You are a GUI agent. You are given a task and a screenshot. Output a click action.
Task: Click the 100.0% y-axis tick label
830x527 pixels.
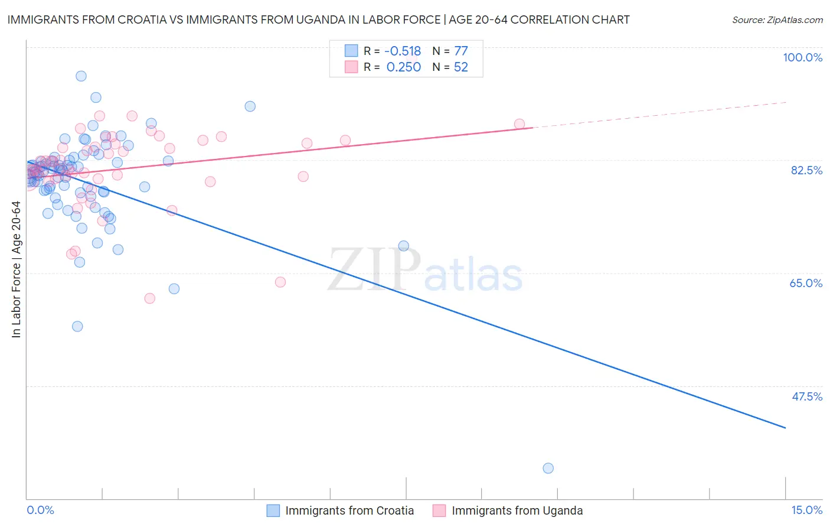click(802, 57)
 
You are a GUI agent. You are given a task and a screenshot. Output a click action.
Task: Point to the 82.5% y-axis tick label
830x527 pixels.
click(806, 170)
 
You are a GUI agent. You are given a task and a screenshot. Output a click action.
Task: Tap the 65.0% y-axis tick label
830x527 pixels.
click(806, 283)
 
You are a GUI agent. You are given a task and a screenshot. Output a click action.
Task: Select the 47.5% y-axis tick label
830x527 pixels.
click(806, 396)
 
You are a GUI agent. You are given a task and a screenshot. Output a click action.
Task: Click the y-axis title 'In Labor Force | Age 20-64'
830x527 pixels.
click(16, 269)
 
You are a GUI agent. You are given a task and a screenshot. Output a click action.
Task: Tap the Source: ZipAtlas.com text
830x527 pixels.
click(777, 20)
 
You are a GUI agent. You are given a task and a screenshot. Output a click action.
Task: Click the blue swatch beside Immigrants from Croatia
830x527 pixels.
click(273, 510)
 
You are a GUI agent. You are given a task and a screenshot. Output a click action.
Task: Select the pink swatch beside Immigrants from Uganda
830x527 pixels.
click(439, 510)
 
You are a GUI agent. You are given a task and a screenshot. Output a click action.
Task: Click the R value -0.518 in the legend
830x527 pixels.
click(403, 51)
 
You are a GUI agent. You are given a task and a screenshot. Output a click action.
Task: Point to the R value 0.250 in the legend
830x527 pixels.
click(403, 67)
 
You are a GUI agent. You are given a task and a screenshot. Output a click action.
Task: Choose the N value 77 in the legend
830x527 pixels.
click(460, 51)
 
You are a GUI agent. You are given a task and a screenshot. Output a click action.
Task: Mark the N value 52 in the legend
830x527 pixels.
click(460, 67)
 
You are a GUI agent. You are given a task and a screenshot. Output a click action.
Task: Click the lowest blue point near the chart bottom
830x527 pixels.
click(548, 468)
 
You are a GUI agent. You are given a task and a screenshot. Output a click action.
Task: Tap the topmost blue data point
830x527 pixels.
click(81, 76)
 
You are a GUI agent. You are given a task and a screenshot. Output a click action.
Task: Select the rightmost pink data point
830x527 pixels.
click(519, 124)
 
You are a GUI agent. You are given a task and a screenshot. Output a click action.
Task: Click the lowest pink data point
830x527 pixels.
click(150, 298)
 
